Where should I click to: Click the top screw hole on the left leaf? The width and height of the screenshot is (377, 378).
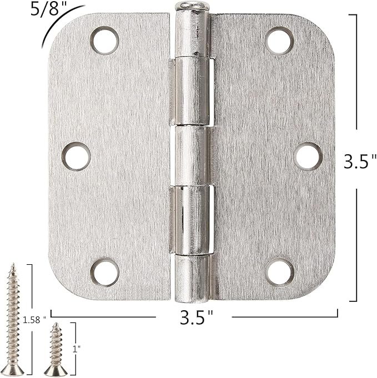click(x=105, y=41)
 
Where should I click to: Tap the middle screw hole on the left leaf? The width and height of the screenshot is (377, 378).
click(x=76, y=156)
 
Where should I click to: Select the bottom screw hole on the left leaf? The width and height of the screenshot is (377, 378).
click(x=105, y=273)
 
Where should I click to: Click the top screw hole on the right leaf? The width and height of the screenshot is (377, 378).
click(x=279, y=41)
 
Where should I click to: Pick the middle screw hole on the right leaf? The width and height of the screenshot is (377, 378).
click(x=309, y=156)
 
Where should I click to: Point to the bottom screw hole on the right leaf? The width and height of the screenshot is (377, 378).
click(x=279, y=273)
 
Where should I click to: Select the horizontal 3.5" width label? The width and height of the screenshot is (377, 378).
click(x=196, y=318)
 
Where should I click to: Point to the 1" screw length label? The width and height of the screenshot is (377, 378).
click(x=76, y=348)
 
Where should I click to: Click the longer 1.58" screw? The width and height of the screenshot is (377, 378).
click(x=13, y=316)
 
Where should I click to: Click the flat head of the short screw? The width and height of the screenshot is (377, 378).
click(x=56, y=369)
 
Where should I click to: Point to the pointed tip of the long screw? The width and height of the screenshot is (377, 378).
click(x=12, y=266)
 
